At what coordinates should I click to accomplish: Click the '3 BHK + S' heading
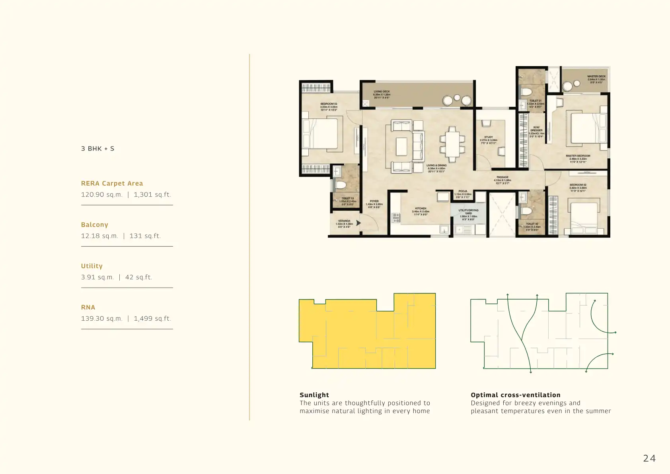[97, 149]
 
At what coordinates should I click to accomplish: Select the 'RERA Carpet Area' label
[112, 183]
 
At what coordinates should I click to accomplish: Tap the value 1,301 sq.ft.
[152, 195]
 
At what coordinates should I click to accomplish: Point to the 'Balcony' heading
[95, 225]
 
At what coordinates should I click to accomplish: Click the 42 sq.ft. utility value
[138, 277]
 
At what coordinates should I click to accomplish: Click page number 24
[649, 458]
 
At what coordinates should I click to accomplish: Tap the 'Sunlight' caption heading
[314, 395]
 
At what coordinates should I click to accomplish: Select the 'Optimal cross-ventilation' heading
[515, 395]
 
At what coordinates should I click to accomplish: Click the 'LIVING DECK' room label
[382, 92]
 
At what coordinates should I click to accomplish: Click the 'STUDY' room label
[489, 137]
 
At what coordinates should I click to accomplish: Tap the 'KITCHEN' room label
[421, 208]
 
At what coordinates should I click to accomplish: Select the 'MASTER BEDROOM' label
[578, 156]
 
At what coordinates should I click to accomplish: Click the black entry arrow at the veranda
[358, 223]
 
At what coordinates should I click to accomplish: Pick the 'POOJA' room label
[463, 191]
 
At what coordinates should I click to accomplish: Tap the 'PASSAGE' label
[502, 177]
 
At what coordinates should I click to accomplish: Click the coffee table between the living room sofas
[402, 146]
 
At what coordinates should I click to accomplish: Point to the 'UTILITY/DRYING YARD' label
[468, 212]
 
